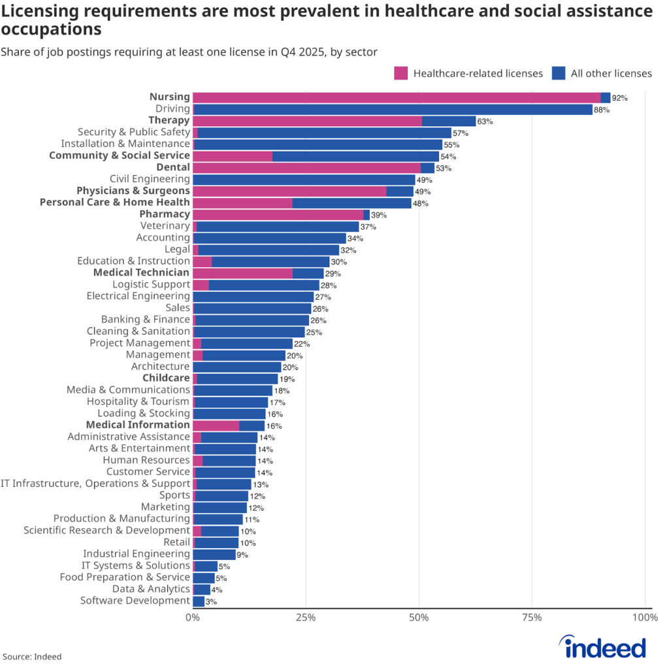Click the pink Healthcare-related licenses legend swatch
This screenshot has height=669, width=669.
[401, 73]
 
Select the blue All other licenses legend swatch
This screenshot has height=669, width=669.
[559, 73]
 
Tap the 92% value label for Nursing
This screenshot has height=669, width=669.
[619, 98]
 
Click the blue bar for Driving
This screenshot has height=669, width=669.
[392, 109]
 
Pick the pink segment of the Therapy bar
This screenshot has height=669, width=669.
[307, 121]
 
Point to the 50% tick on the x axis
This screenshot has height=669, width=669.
[419, 617]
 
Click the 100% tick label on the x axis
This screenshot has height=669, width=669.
[644, 617]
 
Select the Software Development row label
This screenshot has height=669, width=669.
[135, 600]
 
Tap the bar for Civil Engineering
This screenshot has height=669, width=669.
[304, 179]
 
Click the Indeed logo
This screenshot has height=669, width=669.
[605, 647]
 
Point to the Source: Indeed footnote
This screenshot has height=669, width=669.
[32, 656]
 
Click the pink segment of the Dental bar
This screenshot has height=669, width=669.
[306, 167]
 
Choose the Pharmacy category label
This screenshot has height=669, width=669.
[165, 214]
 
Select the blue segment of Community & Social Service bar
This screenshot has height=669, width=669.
[355, 156]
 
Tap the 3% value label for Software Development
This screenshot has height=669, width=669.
[211, 601]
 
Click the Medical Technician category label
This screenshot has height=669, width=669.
[141, 272]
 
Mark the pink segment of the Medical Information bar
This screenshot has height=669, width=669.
[216, 425]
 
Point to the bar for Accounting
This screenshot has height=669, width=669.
[269, 238]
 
